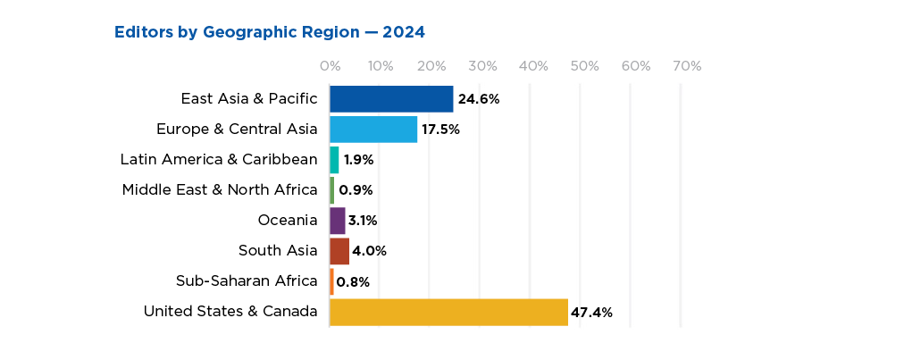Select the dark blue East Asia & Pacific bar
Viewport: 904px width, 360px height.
point(391,99)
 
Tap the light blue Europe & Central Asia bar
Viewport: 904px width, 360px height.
point(373,130)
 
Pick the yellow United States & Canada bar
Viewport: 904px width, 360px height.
point(448,312)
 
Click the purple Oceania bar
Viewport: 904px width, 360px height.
point(338,221)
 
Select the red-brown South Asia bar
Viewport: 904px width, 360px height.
point(339,251)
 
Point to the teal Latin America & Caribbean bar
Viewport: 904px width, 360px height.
point(335,160)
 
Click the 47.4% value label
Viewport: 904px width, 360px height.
point(592,313)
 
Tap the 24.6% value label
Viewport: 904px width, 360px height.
point(478,99)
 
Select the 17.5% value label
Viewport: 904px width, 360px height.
point(440,130)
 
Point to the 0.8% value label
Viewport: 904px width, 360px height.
point(353,282)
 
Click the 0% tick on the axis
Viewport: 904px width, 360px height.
point(330,66)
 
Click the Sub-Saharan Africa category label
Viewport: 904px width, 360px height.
point(247,281)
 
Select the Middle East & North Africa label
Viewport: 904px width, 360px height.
point(220,189)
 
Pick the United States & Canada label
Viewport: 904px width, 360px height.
point(230,312)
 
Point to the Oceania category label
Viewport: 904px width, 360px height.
point(287,220)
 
